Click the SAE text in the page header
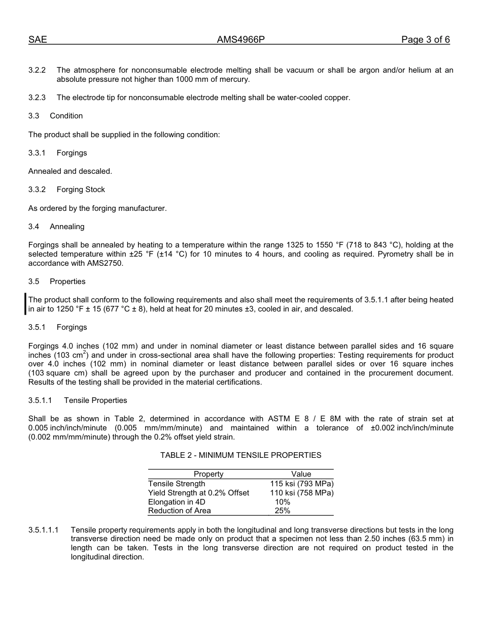pos(38,40)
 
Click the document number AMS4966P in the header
pos(241,40)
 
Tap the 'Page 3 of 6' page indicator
pos(425,40)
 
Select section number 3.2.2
pos(37,70)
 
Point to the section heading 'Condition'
pos(66,116)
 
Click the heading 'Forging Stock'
pos(81,190)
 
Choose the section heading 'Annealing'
pos(67,227)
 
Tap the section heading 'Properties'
pos(67,282)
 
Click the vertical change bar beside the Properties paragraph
pos(25,304)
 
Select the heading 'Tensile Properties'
pos(95,400)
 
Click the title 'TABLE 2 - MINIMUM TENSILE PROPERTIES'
pos(240,455)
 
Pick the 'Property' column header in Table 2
pos(209,474)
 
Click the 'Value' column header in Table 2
pos(301,474)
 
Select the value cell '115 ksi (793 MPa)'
pos(302,484)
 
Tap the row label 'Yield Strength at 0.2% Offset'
pos(198,493)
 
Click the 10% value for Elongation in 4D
pos(283,502)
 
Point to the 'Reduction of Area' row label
pos(179,511)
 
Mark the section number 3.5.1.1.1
pos(43,530)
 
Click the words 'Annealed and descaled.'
pos(70,171)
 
